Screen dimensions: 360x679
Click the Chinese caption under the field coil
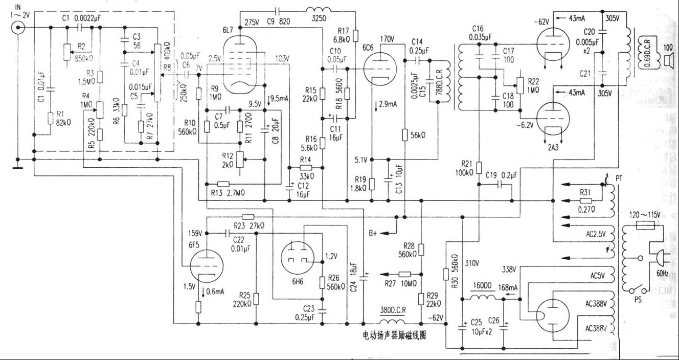[x=394, y=336]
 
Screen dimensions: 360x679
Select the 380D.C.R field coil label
[x=394, y=310]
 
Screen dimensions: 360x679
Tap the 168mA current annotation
[x=507, y=288]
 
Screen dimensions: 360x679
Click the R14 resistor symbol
[x=306, y=167]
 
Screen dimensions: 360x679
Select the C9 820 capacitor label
[x=278, y=22]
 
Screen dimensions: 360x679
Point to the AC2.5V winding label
[x=596, y=234]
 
